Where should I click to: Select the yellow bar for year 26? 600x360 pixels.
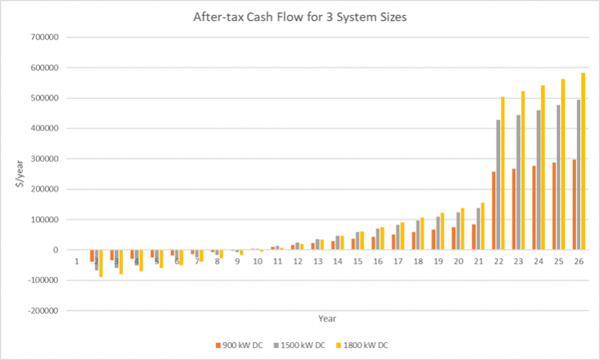pos(583,161)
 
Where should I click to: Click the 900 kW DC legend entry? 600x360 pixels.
pos(241,346)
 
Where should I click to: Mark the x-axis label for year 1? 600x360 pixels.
pos(76,261)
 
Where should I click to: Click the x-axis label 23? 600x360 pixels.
pos(521,261)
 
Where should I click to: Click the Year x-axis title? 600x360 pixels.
pos(326,319)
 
